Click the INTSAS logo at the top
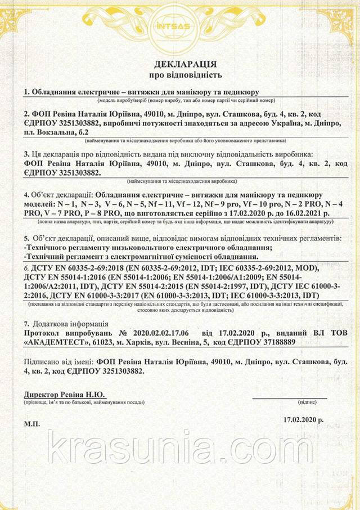180,25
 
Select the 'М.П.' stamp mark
32,423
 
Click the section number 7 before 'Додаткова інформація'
26,324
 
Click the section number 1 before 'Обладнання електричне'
26,92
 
